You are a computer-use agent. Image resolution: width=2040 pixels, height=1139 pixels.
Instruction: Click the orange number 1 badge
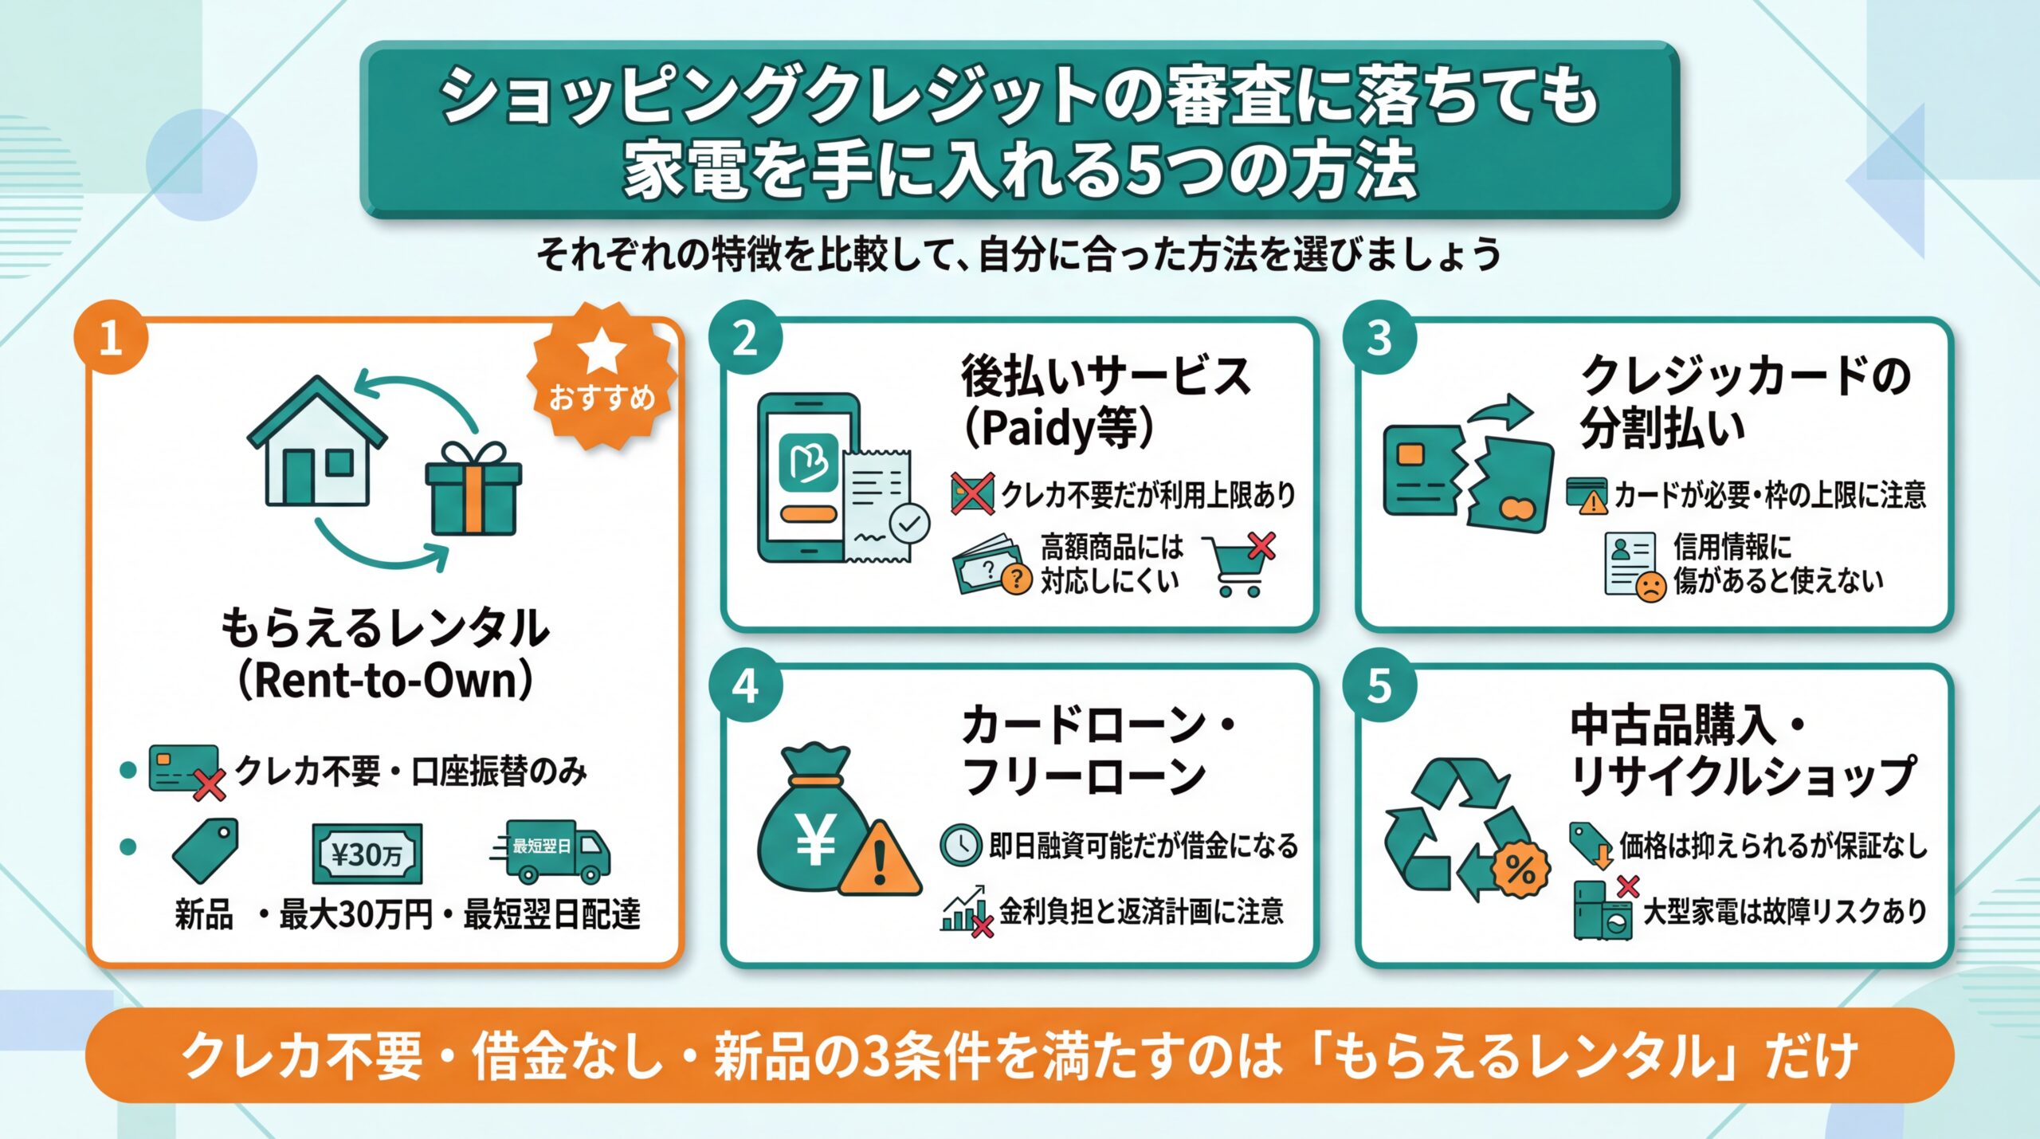[x=110, y=338]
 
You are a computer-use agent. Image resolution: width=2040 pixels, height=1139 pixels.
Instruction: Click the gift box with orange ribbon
[x=473, y=489]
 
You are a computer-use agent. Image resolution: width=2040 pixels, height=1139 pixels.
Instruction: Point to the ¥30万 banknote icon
[x=367, y=854]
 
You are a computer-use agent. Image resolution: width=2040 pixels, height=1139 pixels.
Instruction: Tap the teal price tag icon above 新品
[x=206, y=849]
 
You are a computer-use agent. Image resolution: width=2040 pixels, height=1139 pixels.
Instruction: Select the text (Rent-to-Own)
[x=386, y=682]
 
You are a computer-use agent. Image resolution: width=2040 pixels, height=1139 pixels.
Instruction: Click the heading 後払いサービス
[x=1106, y=376]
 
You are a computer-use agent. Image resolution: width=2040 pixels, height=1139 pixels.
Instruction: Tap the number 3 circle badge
[x=1379, y=339]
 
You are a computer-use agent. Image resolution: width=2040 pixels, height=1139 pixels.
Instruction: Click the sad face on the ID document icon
[x=1650, y=587]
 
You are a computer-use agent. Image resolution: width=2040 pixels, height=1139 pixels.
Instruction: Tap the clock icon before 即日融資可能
[x=960, y=845]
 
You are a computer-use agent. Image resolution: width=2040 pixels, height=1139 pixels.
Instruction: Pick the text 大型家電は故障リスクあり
[x=1785, y=912]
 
